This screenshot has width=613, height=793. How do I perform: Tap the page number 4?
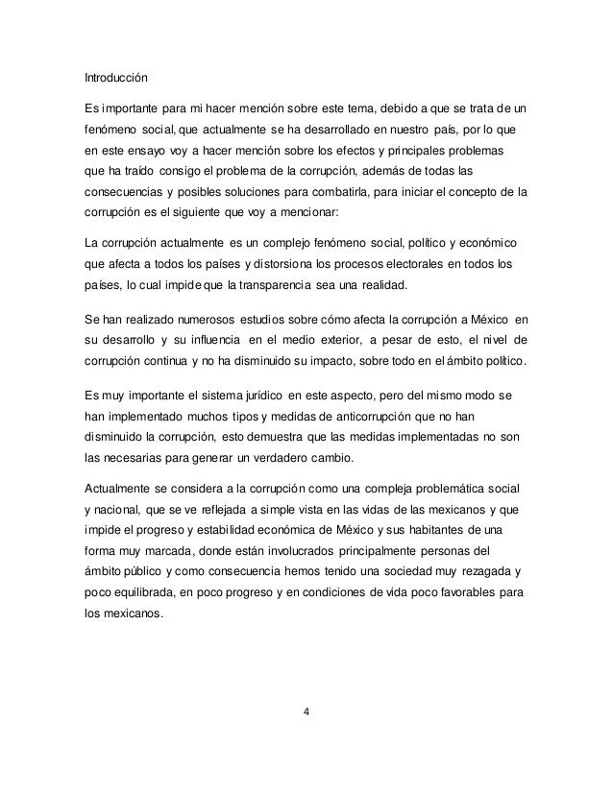[306, 712]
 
